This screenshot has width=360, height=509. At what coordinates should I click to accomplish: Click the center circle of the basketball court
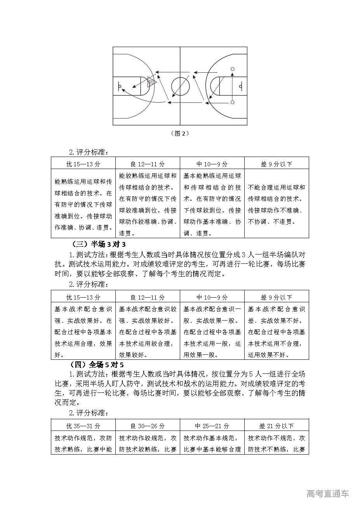(x=180, y=86)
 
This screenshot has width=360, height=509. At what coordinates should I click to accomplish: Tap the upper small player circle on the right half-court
(x=233, y=69)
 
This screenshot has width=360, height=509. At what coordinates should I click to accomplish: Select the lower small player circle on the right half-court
(x=233, y=102)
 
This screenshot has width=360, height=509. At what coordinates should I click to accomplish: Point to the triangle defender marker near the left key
(x=151, y=82)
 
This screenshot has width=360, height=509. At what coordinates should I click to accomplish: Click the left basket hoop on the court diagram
(x=120, y=86)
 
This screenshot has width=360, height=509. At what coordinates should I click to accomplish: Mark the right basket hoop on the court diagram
(x=241, y=86)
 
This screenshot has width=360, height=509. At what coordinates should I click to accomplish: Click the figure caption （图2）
(x=180, y=133)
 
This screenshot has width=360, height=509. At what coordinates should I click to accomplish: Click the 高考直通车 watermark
(x=327, y=493)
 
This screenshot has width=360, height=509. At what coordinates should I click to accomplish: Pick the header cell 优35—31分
(x=83, y=426)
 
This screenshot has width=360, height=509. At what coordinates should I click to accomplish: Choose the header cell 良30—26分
(x=148, y=426)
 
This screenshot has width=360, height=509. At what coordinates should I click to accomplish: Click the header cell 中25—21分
(x=212, y=426)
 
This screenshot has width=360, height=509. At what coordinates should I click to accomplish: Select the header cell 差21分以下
(x=277, y=426)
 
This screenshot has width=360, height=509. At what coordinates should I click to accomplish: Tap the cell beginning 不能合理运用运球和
(x=277, y=204)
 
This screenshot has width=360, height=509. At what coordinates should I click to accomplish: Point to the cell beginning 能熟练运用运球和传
(x=83, y=204)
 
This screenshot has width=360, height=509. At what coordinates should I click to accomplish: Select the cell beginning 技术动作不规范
(x=277, y=443)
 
